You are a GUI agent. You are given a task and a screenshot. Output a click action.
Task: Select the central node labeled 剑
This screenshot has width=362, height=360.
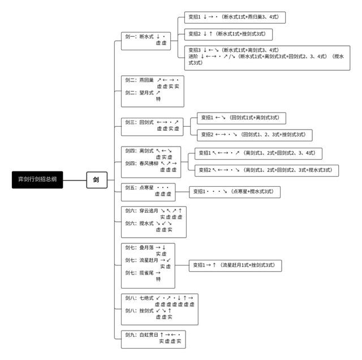pyautogui.click(x=96, y=180)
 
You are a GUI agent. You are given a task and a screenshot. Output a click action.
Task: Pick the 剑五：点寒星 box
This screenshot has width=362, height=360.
pyautogui.click(x=150, y=190)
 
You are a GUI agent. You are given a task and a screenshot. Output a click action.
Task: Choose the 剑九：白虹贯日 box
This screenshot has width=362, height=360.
pyautogui.click(x=153, y=338)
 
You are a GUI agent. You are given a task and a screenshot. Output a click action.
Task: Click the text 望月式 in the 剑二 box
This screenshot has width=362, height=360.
pyautogui.click(x=146, y=92)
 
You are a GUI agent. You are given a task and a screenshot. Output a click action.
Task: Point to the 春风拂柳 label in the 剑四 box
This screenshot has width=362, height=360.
pyautogui.click(x=149, y=163)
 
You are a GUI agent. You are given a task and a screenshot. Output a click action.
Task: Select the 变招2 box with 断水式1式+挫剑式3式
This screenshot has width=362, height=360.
pyautogui.click(x=229, y=34)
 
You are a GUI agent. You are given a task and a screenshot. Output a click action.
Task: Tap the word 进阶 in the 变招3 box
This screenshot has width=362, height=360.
pyautogui.click(x=195, y=57)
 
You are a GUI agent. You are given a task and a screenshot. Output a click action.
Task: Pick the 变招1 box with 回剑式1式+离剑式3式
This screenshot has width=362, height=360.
pyautogui.click(x=242, y=118)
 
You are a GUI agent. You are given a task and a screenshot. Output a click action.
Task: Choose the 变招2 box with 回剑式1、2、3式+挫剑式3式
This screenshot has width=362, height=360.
pyautogui.click(x=255, y=135)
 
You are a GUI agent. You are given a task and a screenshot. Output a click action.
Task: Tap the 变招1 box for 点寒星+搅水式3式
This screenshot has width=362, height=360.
pyautogui.click(x=235, y=191)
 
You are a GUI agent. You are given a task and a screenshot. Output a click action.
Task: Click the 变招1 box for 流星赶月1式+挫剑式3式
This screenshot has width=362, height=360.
pyautogui.click(x=235, y=264)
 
